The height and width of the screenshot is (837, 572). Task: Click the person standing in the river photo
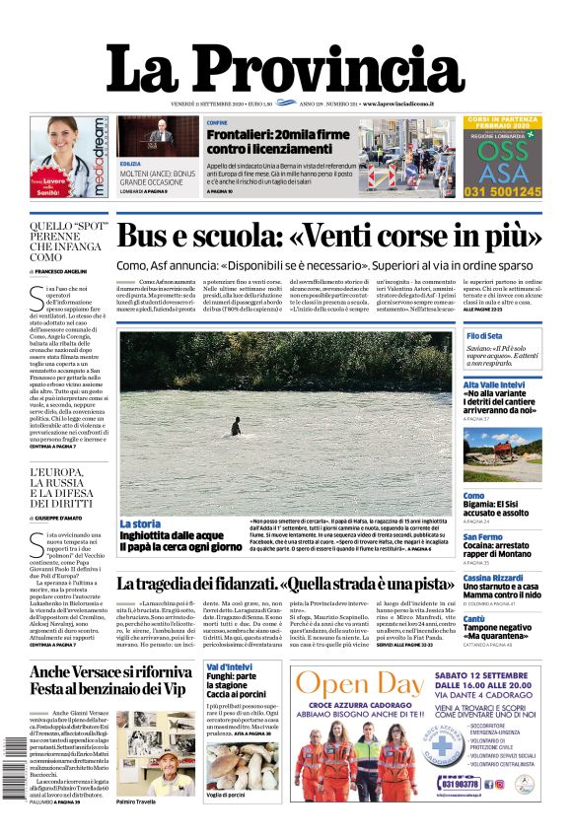click(x=235, y=426)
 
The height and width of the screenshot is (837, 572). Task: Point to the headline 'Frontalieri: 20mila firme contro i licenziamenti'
click(x=264, y=141)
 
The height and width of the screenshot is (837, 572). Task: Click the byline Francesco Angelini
click(x=61, y=270)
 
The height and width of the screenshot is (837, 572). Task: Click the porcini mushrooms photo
click(x=242, y=764)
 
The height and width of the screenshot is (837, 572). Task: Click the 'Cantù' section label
click(x=474, y=619)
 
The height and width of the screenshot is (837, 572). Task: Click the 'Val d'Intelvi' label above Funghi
click(x=228, y=667)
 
